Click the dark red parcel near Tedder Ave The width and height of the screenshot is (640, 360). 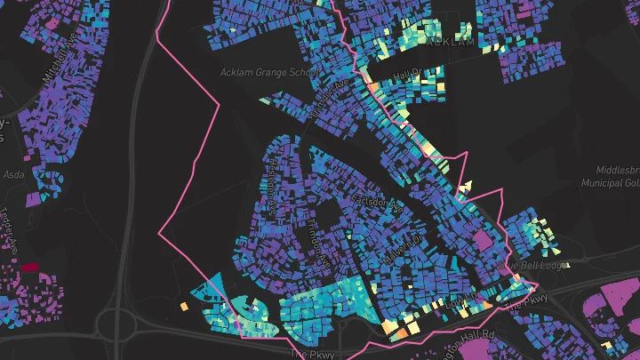(30, 266)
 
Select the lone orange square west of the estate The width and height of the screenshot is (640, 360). (184, 307)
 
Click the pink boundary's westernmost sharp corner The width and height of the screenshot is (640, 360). (159, 233)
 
